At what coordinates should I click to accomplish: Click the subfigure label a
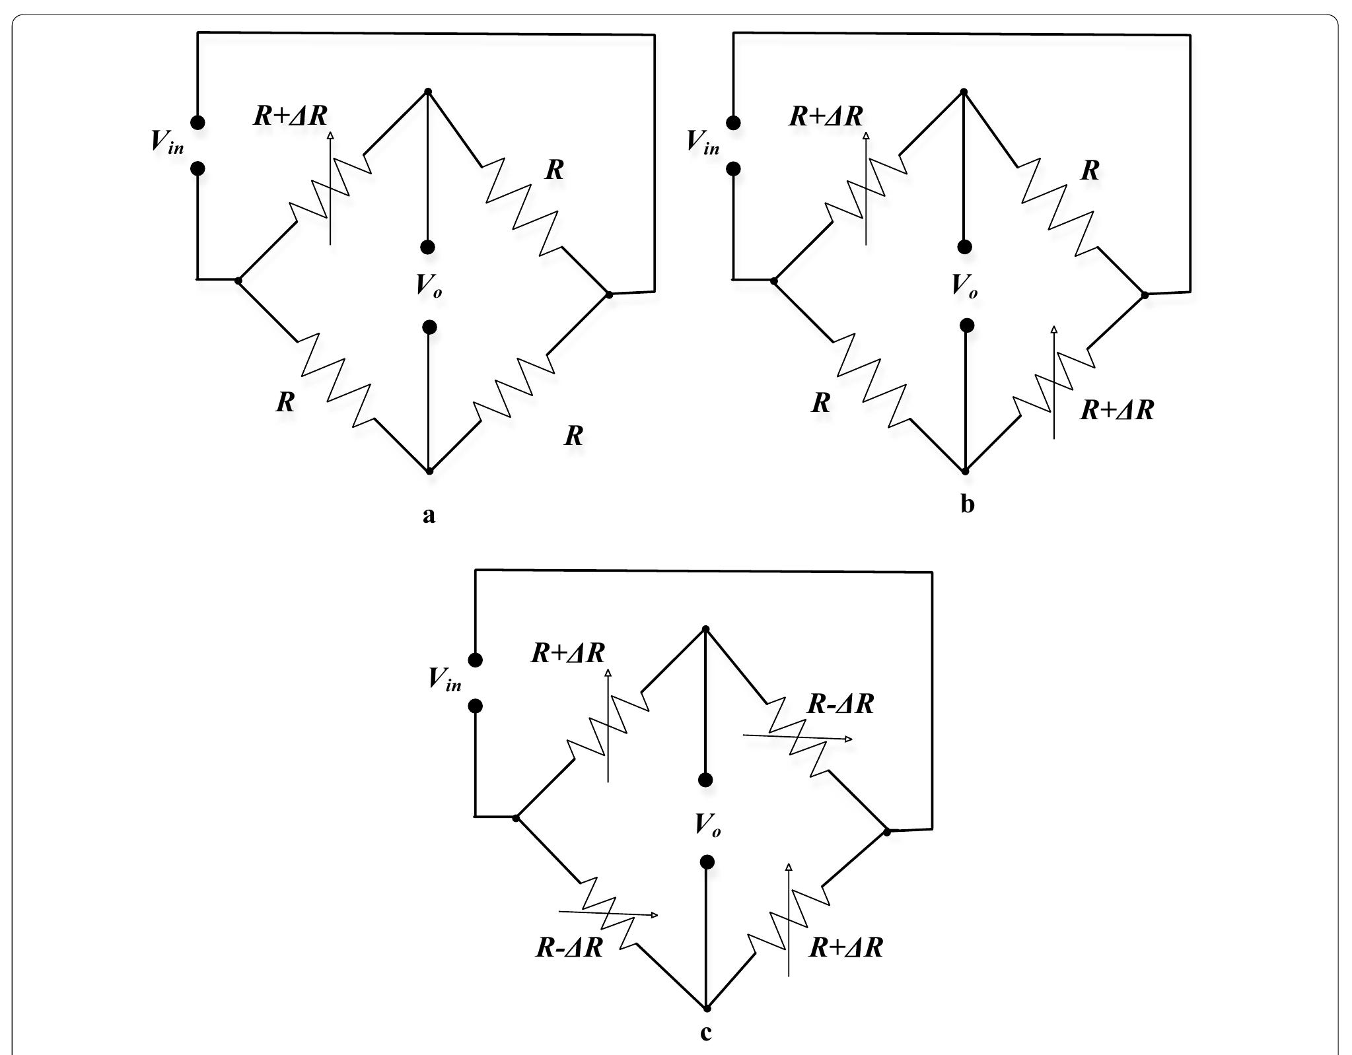coord(429,516)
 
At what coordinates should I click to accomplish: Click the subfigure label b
coord(967,504)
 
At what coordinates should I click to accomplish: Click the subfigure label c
coord(705,1031)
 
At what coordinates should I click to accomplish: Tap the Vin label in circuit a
coord(167,141)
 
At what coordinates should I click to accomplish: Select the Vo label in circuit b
coord(964,285)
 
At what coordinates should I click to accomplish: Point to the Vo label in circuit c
coord(707,824)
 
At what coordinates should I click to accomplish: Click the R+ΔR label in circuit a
coord(291,116)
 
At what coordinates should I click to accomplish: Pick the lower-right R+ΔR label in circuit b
coord(1117,410)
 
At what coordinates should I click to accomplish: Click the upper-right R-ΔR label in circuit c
coord(840,704)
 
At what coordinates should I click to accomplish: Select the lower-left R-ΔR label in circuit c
coord(569,947)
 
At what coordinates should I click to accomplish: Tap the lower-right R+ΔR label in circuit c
coord(846,947)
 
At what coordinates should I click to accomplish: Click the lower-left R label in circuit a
coord(285,402)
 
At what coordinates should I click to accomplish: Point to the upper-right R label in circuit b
coord(1090,170)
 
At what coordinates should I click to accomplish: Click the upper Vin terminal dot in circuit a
coord(197,122)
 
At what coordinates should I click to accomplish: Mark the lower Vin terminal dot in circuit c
coord(475,706)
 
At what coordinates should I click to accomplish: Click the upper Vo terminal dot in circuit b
coord(964,247)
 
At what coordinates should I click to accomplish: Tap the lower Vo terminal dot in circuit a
coord(429,327)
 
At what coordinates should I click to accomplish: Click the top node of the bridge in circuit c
coord(705,629)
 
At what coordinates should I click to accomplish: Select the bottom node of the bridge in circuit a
coord(429,471)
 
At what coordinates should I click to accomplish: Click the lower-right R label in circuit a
coord(573,436)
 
